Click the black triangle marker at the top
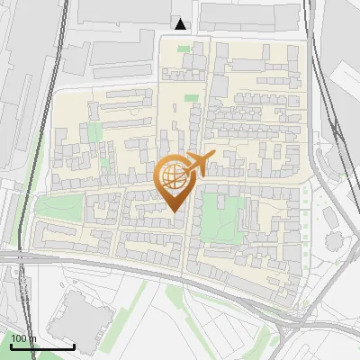coord(181,24)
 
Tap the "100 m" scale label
coord(23,338)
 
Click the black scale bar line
coord(42,346)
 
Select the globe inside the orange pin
coord(175,175)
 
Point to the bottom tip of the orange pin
coord(175,212)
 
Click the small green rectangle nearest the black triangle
coord(190,96)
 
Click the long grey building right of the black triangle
coord(247,15)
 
